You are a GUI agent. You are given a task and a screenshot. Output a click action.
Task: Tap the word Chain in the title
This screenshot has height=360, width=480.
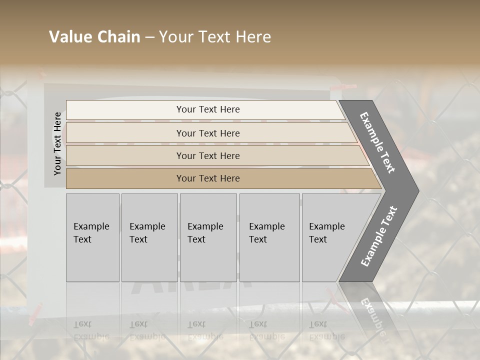(118, 37)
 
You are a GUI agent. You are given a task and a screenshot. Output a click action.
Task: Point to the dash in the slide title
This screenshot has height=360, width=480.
(149, 37)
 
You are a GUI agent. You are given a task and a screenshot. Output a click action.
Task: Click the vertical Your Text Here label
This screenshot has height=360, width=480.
(57, 143)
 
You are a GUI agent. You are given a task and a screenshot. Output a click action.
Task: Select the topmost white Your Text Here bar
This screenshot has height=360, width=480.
(208, 109)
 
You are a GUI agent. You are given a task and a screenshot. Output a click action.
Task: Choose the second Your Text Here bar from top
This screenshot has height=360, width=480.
(208, 133)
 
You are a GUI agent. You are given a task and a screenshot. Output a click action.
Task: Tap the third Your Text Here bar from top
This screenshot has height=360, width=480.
(208, 155)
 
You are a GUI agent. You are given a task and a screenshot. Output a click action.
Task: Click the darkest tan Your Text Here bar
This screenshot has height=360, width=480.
(208, 178)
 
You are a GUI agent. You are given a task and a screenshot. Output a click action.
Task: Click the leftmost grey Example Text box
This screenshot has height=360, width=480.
(92, 237)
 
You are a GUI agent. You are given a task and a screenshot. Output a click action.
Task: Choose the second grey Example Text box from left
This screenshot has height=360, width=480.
(149, 237)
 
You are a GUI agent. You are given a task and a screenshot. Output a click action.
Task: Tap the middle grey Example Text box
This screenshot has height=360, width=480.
(208, 237)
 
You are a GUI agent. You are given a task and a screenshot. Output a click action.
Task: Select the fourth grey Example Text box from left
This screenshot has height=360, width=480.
(269, 237)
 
